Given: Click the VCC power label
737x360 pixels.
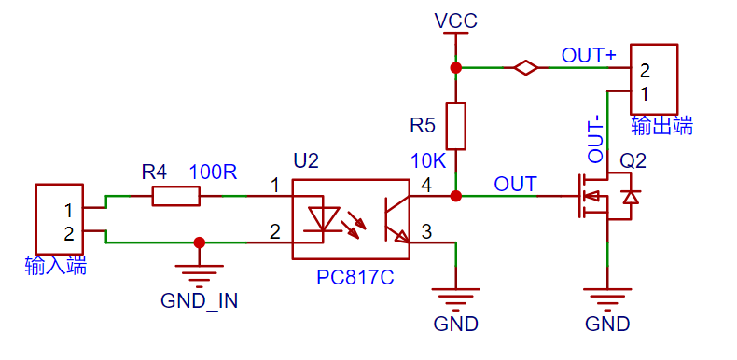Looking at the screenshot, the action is (456, 21).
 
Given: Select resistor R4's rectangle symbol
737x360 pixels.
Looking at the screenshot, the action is (175, 196).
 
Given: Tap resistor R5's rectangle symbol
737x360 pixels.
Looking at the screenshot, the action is (455, 126).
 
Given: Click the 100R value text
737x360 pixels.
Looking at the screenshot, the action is (213, 173).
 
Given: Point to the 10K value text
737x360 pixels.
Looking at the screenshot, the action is (428, 160).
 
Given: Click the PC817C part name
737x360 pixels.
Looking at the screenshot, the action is (355, 278).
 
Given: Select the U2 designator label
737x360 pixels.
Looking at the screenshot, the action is (305, 161).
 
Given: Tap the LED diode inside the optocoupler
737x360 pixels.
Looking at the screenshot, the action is (323, 219).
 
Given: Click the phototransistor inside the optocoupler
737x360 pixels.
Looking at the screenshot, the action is (396, 219).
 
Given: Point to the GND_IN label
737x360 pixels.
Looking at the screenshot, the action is (200, 301).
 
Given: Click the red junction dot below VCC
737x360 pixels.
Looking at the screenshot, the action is (455, 68).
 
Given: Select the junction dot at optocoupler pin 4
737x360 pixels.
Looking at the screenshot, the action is (455, 196).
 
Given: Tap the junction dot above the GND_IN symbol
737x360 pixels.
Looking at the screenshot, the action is (200, 242).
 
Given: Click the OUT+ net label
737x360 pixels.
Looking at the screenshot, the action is (589, 56).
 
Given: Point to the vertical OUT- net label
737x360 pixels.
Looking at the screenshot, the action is (596, 140).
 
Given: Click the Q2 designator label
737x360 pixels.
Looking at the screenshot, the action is (633, 161).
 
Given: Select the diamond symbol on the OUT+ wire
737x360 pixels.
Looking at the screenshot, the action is (525, 68).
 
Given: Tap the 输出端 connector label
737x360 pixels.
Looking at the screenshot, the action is (661, 127).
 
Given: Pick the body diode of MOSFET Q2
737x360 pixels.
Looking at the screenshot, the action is (630, 197).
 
